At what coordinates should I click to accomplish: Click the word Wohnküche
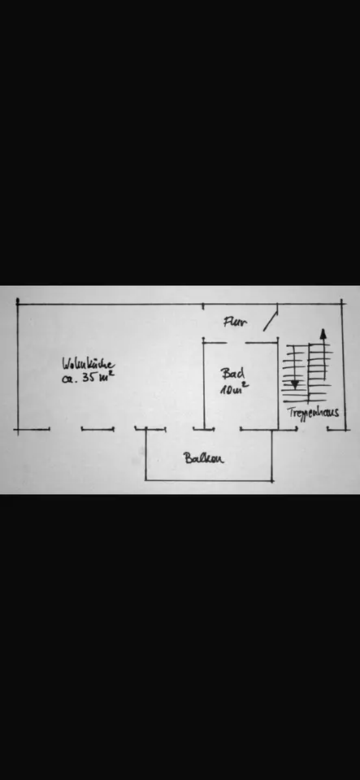click(89, 364)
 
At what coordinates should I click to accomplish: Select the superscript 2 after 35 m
click(112, 373)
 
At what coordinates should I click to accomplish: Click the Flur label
click(236, 322)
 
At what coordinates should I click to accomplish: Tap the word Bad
click(232, 373)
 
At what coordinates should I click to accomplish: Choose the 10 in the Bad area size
click(227, 389)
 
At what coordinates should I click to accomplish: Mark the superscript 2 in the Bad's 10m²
click(246, 384)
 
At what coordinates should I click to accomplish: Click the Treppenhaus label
click(313, 412)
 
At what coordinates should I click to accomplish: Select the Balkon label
click(203, 457)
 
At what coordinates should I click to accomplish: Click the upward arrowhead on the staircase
click(323, 333)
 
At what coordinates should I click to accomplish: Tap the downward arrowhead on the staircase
click(295, 384)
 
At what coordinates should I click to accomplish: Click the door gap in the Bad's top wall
click(236, 342)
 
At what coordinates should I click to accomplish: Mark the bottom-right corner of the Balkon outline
click(272, 480)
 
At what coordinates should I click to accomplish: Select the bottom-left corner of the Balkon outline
click(145, 480)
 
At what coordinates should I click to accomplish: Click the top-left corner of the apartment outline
click(18, 302)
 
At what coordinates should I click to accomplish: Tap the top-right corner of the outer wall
click(341, 302)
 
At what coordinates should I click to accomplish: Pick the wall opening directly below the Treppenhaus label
click(312, 429)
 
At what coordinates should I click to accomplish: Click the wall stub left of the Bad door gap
click(215, 342)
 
